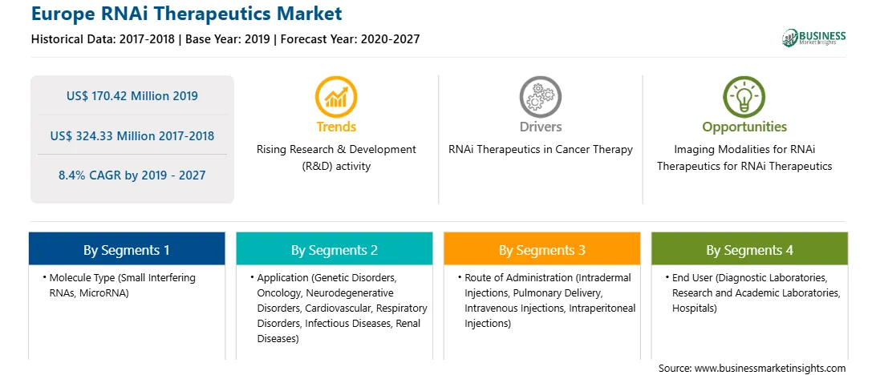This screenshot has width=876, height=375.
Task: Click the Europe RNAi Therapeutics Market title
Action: click(x=187, y=14)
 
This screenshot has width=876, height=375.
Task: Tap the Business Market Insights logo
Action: click(x=813, y=38)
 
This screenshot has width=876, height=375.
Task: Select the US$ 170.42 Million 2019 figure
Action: click(x=132, y=96)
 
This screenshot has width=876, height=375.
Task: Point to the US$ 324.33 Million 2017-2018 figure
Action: click(x=132, y=135)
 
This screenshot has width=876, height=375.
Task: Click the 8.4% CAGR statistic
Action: click(x=132, y=175)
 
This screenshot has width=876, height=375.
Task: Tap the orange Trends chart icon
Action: click(x=336, y=97)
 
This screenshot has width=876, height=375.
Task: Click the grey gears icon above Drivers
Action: click(x=540, y=97)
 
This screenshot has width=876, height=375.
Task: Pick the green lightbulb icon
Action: click(x=744, y=97)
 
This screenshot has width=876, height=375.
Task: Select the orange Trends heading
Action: click(x=336, y=127)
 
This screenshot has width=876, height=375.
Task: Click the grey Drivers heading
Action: click(x=540, y=127)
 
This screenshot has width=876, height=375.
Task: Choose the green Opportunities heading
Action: click(x=744, y=127)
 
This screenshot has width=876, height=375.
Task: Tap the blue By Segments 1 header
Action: click(x=127, y=249)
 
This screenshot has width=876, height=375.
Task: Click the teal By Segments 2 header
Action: click(x=334, y=249)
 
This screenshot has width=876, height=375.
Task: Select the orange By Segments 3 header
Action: click(x=542, y=249)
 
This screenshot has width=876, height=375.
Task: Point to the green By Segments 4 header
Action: click(x=749, y=249)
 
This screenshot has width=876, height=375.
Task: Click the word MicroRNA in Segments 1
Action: click(x=104, y=293)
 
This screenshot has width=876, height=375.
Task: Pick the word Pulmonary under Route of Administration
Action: click(x=550, y=293)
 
